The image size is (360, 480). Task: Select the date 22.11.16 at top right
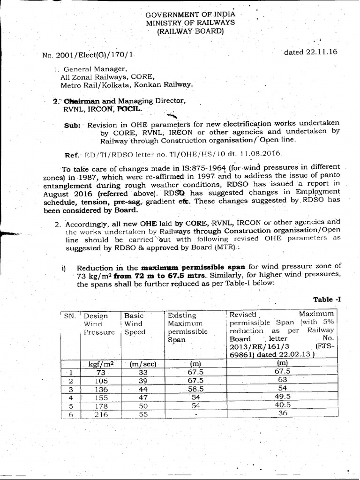pyautogui.click(x=304, y=52)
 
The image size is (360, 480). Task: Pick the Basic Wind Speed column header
pyautogui.click(x=134, y=324)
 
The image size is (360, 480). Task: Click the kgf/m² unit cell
pyautogui.click(x=99, y=363)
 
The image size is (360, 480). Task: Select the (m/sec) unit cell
pyautogui.click(x=139, y=363)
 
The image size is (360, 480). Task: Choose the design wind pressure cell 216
pyautogui.click(x=100, y=414)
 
